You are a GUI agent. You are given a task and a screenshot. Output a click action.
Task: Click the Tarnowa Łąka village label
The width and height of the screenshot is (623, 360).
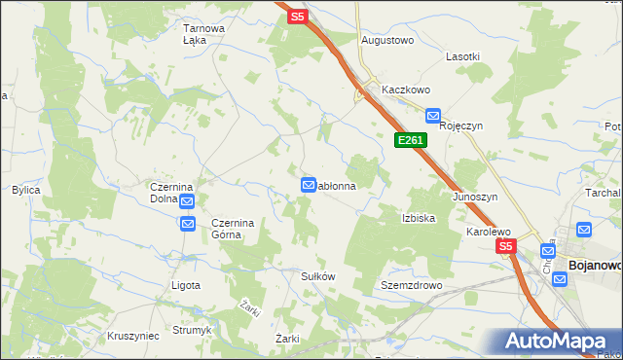[204, 34]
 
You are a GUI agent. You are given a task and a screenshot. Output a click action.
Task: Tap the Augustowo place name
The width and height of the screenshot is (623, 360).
[387, 41]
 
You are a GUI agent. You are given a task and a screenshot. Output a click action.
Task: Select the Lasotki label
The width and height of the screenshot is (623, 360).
[462, 56]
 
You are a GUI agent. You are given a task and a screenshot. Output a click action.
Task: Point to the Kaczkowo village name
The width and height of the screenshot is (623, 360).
[406, 90]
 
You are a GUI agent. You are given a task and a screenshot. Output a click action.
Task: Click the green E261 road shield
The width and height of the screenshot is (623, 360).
[410, 141]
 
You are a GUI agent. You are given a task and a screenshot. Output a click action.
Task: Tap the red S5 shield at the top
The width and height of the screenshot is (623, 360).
[298, 17]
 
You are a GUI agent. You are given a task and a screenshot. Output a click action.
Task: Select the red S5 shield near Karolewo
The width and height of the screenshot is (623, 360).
[506, 247]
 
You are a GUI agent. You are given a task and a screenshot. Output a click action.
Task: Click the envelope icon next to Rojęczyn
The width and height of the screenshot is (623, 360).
[433, 115]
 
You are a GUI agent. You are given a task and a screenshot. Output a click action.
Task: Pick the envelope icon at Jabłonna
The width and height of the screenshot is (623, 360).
[309, 185]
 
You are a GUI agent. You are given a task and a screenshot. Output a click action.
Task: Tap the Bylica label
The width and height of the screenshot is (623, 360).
[25, 190]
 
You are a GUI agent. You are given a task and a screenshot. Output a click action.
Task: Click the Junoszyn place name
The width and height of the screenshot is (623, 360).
[475, 197]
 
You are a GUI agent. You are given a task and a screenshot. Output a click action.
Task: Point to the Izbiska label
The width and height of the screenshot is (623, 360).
[418, 218]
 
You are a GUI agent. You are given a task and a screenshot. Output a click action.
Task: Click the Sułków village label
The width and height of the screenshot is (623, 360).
[316, 276]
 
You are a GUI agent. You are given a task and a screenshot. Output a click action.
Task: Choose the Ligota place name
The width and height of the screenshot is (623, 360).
[185, 286]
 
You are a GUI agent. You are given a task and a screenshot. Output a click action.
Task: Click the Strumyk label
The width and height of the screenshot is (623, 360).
[192, 330]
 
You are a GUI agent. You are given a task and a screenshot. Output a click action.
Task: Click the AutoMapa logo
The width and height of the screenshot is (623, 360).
[554, 341]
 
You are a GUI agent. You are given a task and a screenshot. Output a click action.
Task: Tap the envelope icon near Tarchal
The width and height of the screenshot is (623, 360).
[584, 230]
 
